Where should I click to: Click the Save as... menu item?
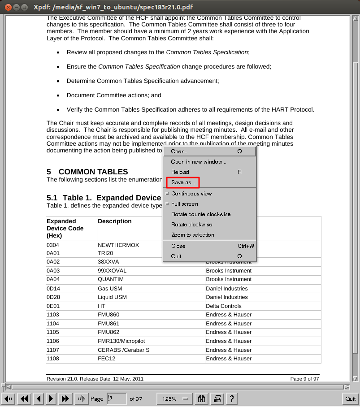[183, 182]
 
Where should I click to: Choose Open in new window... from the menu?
[199, 162]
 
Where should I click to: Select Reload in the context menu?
[180, 172]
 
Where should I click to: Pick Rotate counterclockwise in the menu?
[201, 214]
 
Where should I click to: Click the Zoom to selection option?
[193, 235]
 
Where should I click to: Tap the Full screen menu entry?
[185, 204]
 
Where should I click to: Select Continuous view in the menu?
[191, 194]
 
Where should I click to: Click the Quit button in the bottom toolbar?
[350, 398]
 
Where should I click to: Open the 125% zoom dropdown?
[174, 398]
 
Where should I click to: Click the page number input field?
[116, 398]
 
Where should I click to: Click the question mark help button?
[231, 398]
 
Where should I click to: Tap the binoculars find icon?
[202, 398]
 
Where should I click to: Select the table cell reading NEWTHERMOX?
[118, 245]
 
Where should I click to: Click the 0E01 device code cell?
[53, 306]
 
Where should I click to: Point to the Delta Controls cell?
[224, 306]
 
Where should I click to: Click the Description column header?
[115, 221]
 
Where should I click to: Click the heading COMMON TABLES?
[93, 172]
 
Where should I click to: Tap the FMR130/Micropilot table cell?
[121, 341]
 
